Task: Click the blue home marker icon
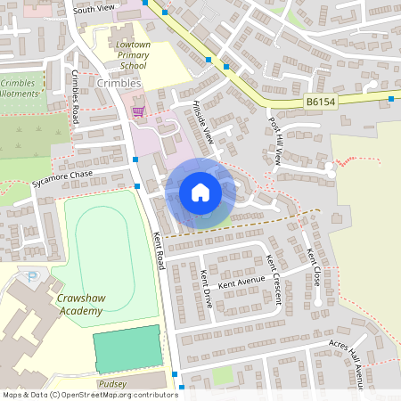tap(200, 192)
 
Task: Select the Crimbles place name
tap(119, 83)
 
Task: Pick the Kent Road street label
tap(160, 248)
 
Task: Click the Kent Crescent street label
tap(274, 278)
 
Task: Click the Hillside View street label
tap(204, 123)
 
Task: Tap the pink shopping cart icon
tap(138, 111)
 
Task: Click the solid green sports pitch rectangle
tap(127, 349)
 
